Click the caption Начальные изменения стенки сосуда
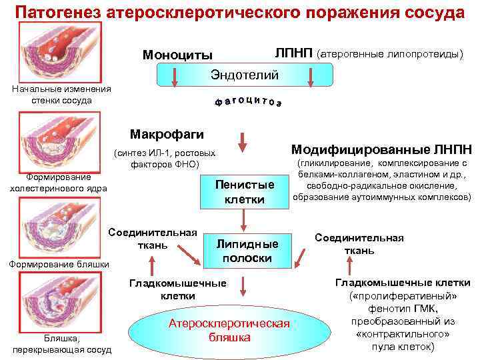[62, 95]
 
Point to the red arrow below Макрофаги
[243, 142]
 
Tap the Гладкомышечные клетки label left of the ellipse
[177, 289]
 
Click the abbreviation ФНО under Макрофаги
[180, 163]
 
